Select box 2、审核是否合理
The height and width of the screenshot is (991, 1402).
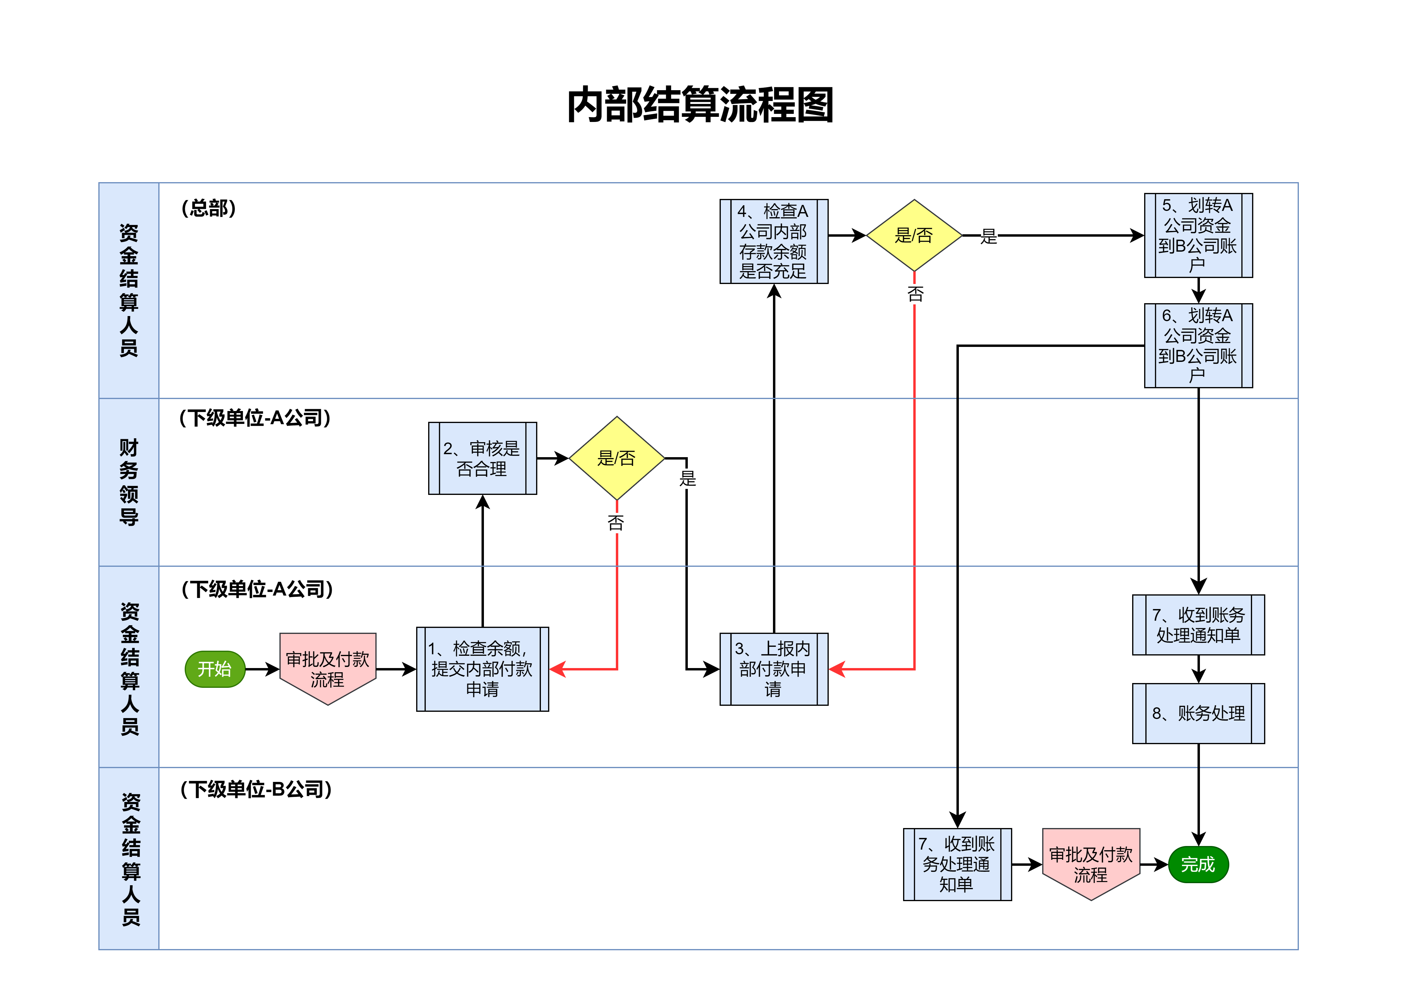[x=482, y=458]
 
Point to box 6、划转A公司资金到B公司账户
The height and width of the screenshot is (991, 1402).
[x=1198, y=345]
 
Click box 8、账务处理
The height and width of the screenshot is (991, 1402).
[x=1198, y=713]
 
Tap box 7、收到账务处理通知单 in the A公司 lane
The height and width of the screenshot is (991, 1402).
[x=1198, y=625]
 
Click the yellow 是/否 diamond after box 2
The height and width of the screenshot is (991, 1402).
[x=617, y=458]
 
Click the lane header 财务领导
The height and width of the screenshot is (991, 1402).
[x=129, y=482]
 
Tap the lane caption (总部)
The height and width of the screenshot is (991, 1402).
[x=209, y=208]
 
